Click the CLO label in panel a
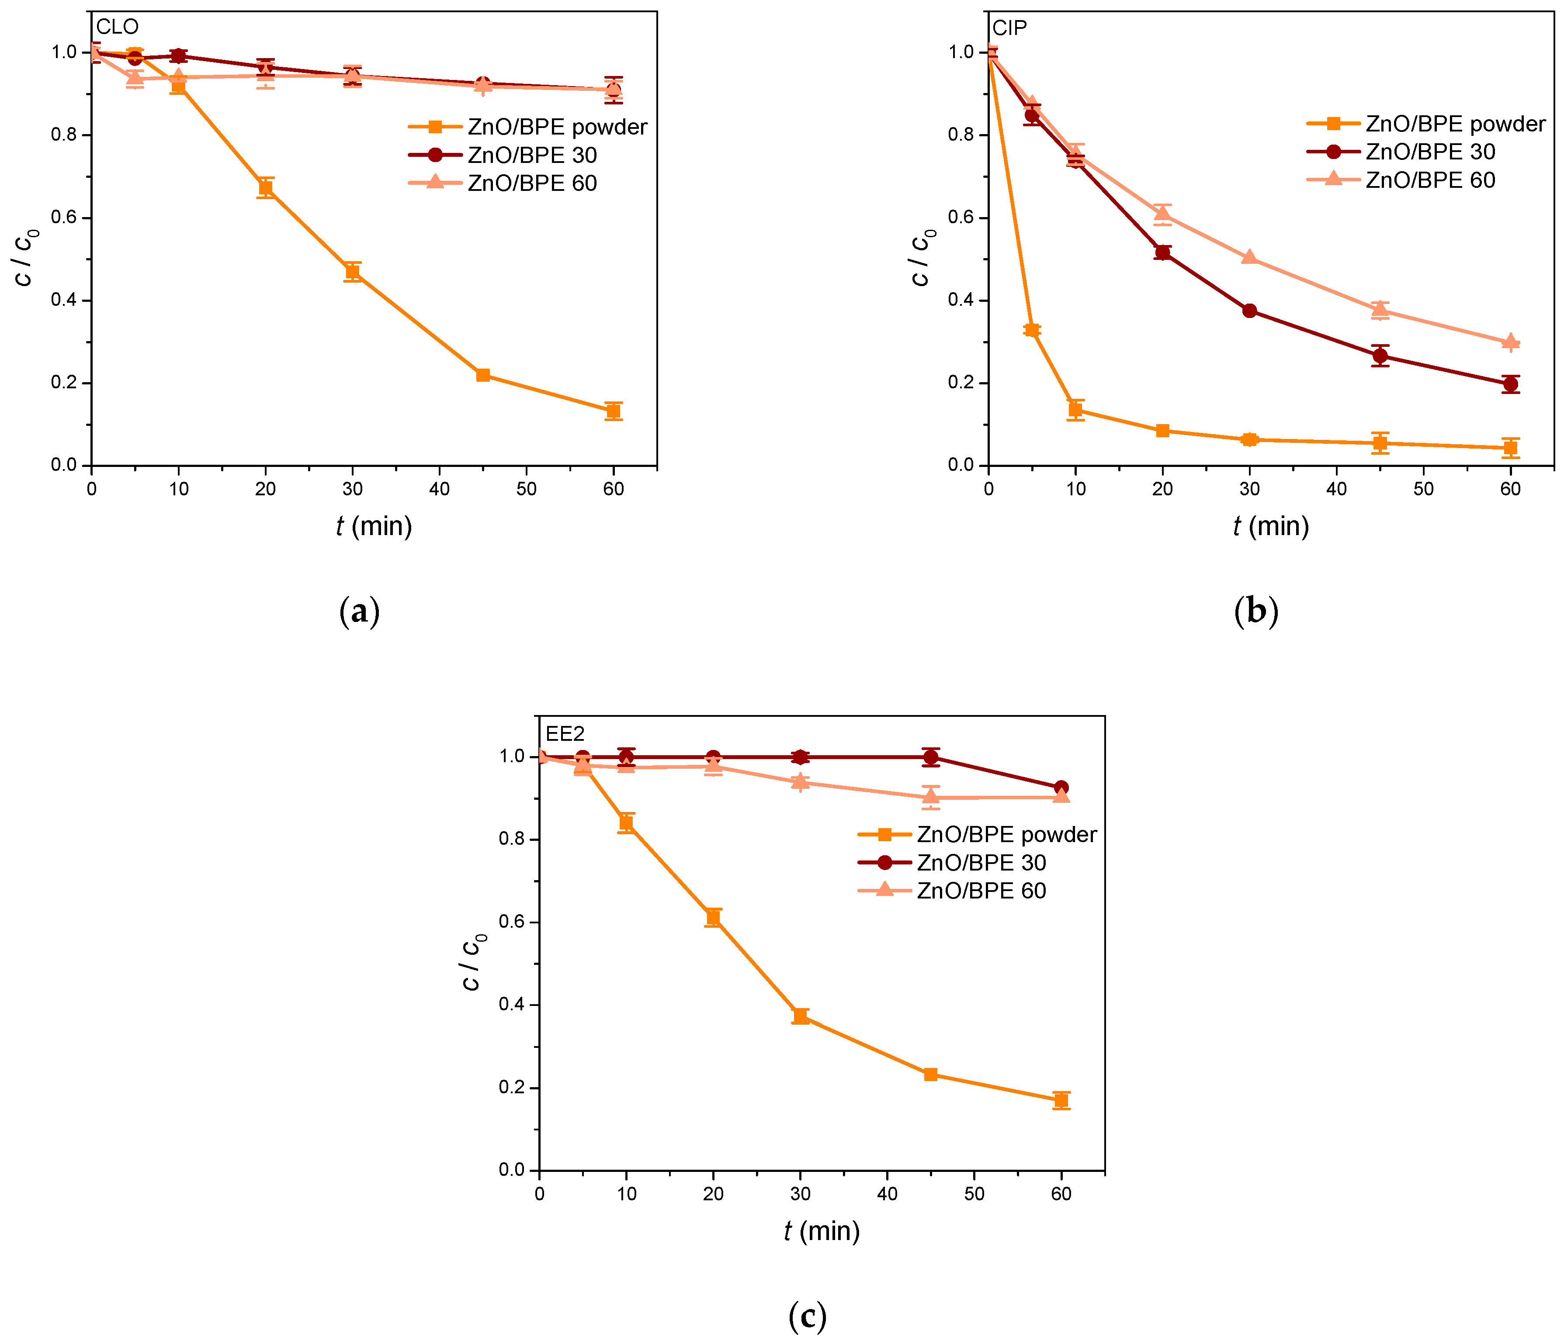[118, 27]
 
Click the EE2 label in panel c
[565, 733]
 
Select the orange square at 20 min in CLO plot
[265, 188]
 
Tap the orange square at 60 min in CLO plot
[613, 411]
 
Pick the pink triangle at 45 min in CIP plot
[1380, 310]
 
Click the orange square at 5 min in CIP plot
[1032, 330]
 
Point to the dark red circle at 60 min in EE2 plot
[1061, 788]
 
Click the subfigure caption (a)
[359, 611]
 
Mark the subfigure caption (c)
[807, 1317]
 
